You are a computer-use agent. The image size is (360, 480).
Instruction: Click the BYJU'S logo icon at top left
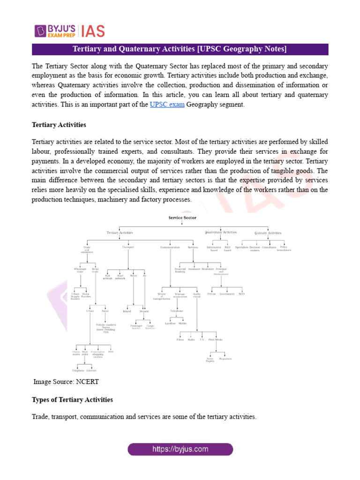pyautogui.click(x=40, y=30)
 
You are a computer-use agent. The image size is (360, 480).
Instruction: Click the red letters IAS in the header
pyautogui.click(x=93, y=31)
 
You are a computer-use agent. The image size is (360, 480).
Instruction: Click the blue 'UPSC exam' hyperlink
pyautogui.click(x=167, y=105)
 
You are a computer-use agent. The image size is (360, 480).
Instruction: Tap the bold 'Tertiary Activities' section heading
pyautogui.click(x=59, y=125)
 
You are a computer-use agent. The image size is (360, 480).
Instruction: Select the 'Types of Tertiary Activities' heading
pyautogui.click(x=72, y=400)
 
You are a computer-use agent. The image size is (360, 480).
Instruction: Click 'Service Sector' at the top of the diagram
pyautogui.click(x=182, y=218)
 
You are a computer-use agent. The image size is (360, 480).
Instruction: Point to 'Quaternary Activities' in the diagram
pyautogui.click(x=221, y=232)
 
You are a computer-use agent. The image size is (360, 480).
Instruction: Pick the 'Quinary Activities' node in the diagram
pyautogui.click(x=268, y=232)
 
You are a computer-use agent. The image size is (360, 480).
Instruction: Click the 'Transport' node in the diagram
pyautogui.click(x=128, y=247)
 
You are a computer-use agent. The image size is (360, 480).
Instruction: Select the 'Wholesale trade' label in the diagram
pyautogui.click(x=81, y=270)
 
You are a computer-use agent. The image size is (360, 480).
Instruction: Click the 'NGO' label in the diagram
pyautogui.click(x=241, y=294)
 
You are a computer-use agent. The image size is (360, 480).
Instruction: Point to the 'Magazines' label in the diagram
pyautogui.click(x=225, y=359)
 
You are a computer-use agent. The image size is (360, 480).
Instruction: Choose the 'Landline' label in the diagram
pyautogui.click(x=171, y=323)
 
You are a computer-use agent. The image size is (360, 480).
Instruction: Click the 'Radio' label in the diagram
pyautogui.click(x=191, y=339)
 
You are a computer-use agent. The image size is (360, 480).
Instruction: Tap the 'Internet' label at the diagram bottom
pyautogui.click(x=91, y=370)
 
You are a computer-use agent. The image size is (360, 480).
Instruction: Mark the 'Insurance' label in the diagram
pyautogui.click(x=195, y=269)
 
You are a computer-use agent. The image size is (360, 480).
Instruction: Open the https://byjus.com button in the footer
pyautogui.click(x=180, y=449)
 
